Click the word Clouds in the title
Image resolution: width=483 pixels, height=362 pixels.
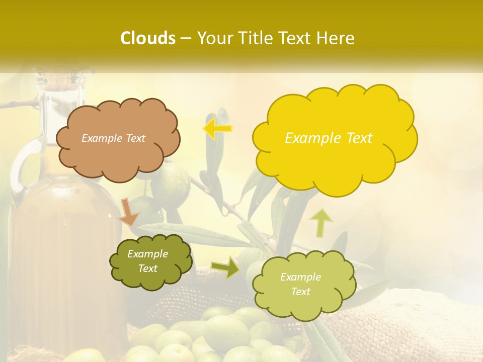click(148, 38)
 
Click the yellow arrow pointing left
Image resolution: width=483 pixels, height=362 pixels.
click(217, 128)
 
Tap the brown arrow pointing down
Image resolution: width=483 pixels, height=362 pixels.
click(129, 212)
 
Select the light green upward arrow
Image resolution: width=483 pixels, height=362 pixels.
click(322, 222)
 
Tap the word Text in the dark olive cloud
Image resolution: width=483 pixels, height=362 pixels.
click(148, 269)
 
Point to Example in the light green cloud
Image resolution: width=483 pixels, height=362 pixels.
click(300, 277)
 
